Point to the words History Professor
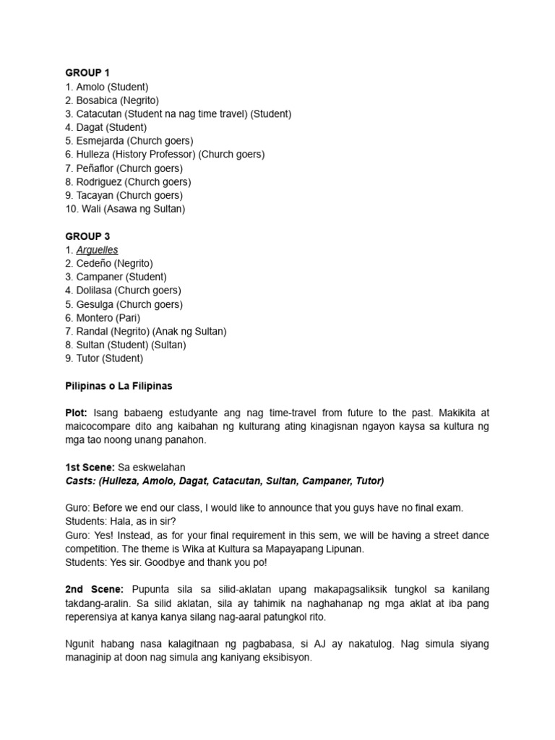[152, 155]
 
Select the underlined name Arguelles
[97, 250]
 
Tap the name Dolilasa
[95, 291]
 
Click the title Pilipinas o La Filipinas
[119, 386]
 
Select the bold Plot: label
[78, 413]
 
